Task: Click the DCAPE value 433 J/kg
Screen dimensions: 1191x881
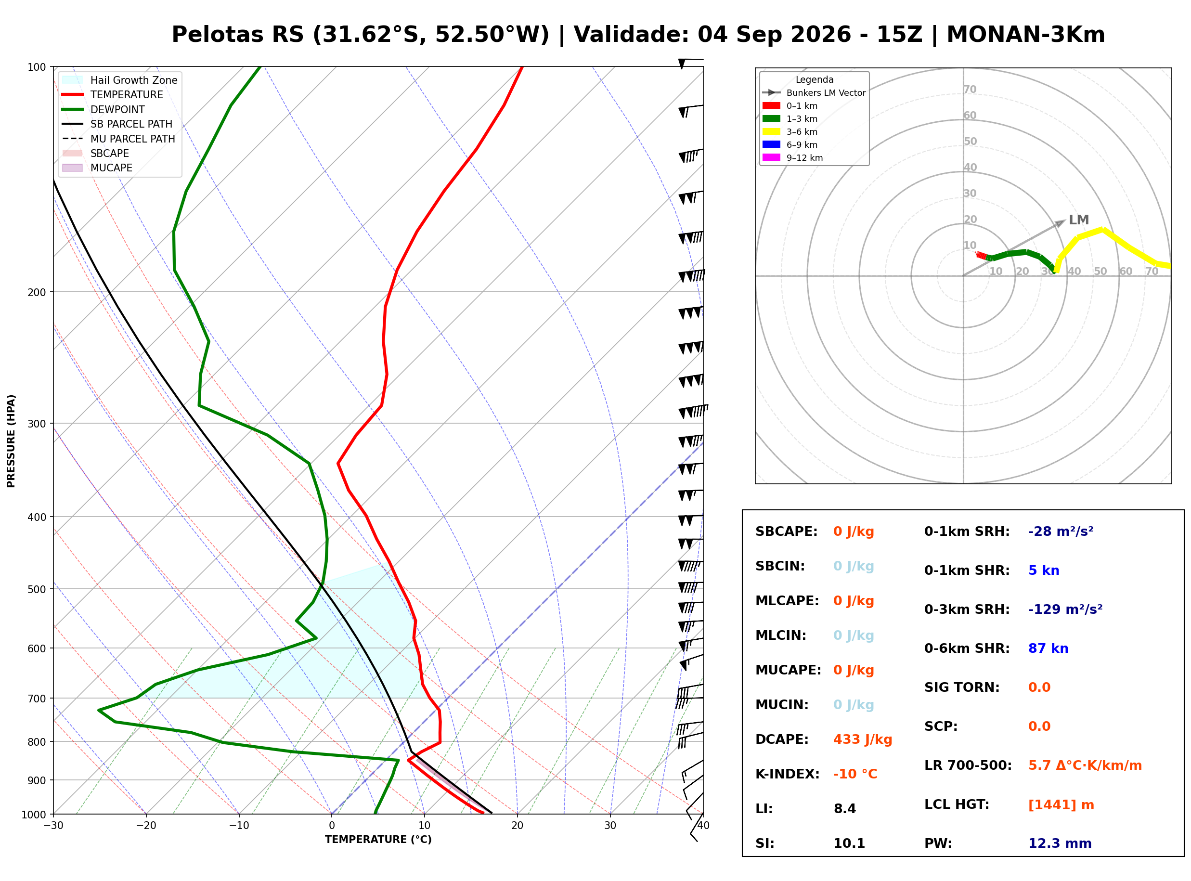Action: pyautogui.click(x=862, y=739)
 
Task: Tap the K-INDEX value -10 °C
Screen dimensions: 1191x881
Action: pyautogui.click(x=854, y=774)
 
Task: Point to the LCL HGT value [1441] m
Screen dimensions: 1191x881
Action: pyautogui.click(x=1061, y=805)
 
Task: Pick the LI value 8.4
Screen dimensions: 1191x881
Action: pyautogui.click(x=844, y=808)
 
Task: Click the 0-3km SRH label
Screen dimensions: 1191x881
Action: pyautogui.click(x=967, y=609)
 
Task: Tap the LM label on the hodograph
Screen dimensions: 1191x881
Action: pyautogui.click(x=1078, y=220)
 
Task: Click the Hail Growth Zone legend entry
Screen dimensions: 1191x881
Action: pyautogui.click(x=120, y=80)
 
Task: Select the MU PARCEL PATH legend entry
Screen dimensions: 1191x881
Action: pyautogui.click(x=118, y=139)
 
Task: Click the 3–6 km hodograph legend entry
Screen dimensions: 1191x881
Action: pyautogui.click(x=790, y=132)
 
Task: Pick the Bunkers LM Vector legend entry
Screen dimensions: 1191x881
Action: pyautogui.click(x=814, y=93)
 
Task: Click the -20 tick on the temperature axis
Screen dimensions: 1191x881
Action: pyautogui.click(x=145, y=826)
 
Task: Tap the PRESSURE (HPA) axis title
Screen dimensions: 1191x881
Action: pyautogui.click(x=11, y=440)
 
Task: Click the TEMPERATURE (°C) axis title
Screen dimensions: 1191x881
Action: pyautogui.click(x=378, y=840)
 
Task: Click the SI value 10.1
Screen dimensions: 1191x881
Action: pyautogui.click(x=849, y=843)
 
